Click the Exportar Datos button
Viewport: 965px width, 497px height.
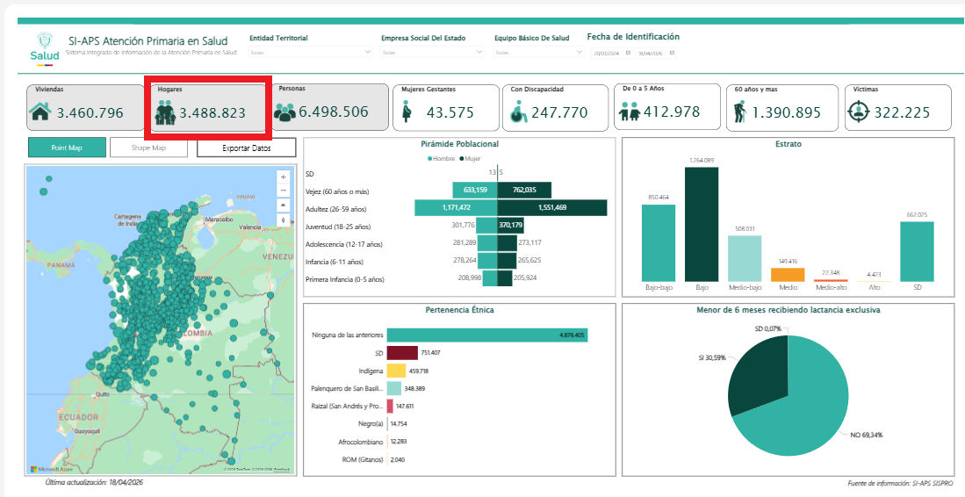(x=246, y=148)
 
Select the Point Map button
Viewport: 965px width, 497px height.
(x=67, y=148)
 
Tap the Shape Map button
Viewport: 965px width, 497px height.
(x=148, y=148)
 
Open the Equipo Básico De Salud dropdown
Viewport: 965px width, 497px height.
(x=538, y=53)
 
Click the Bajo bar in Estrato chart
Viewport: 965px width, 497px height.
(x=701, y=224)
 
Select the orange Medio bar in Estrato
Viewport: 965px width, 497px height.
(x=788, y=274)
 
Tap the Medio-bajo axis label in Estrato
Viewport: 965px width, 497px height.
(x=745, y=288)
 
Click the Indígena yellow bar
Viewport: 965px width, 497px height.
(x=396, y=371)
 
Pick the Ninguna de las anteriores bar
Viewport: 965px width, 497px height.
(x=486, y=335)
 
